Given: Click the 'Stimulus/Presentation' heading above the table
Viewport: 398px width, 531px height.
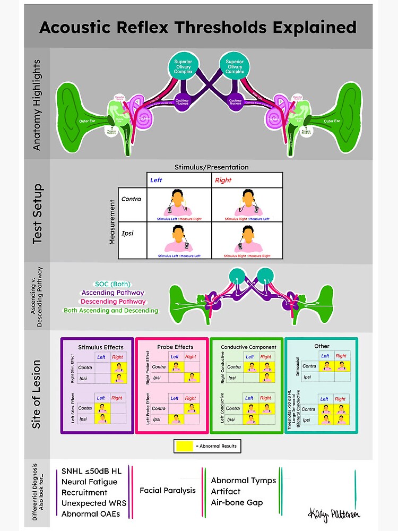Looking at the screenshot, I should point(211,167).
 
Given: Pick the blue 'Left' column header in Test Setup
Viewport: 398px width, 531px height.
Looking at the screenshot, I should point(156,180).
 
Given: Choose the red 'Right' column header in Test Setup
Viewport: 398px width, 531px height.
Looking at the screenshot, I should point(223,180).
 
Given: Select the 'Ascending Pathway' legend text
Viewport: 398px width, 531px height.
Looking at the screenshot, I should point(113,293).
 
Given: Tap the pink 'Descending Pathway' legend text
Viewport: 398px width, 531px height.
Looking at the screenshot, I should point(113,301).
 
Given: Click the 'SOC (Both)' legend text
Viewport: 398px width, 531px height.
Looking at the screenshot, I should point(113,284).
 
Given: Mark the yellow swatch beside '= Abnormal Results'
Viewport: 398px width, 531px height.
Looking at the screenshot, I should point(184,446).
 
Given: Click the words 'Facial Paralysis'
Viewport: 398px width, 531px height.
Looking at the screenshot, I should point(168,490).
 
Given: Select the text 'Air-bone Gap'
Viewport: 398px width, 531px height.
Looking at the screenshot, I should point(237,502).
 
